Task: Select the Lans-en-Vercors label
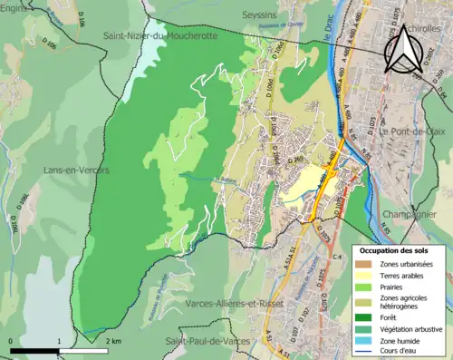(76, 170)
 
